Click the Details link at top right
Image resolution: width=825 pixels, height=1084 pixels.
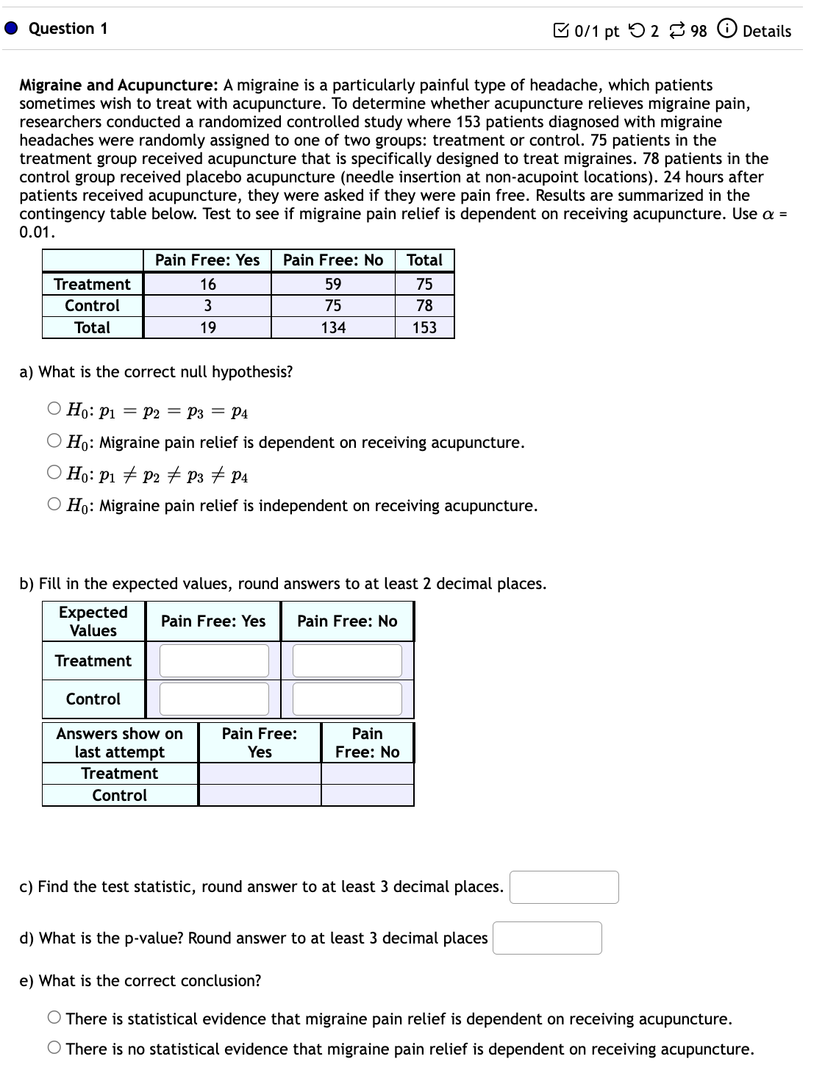(x=766, y=31)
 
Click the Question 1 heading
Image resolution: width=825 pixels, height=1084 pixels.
(x=68, y=29)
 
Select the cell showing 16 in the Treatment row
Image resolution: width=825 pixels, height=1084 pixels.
(x=207, y=285)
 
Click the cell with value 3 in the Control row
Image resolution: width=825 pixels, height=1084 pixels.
(x=207, y=306)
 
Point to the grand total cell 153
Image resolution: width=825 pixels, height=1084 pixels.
(x=424, y=328)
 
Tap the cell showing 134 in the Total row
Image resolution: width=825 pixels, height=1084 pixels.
(x=333, y=328)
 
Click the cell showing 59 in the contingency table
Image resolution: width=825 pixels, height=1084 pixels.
(x=333, y=285)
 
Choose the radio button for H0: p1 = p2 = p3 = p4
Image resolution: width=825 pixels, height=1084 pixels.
(x=54, y=409)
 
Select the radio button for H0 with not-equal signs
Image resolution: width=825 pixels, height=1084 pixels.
(x=54, y=473)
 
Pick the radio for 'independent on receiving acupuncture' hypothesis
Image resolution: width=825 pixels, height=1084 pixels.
(x=54, y=504)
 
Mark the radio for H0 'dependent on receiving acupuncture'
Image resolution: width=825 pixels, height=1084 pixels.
(x=54, y=441)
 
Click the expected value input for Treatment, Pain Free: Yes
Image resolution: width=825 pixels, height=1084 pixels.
(x=214, y=660)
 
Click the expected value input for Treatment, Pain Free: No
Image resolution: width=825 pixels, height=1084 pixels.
(x=347, y=660)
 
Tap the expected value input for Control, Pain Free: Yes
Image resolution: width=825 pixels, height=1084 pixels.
(x=214, y=699)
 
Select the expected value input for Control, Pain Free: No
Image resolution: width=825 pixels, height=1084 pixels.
(x=347, y=699)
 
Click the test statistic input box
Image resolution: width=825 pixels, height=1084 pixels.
(x=564, y=887)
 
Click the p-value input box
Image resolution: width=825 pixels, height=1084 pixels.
(x=547, y=938)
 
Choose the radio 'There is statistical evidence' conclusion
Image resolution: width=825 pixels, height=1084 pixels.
(x=54, y=1019)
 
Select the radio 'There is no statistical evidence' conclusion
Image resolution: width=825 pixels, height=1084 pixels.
(x=54, y=1049)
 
